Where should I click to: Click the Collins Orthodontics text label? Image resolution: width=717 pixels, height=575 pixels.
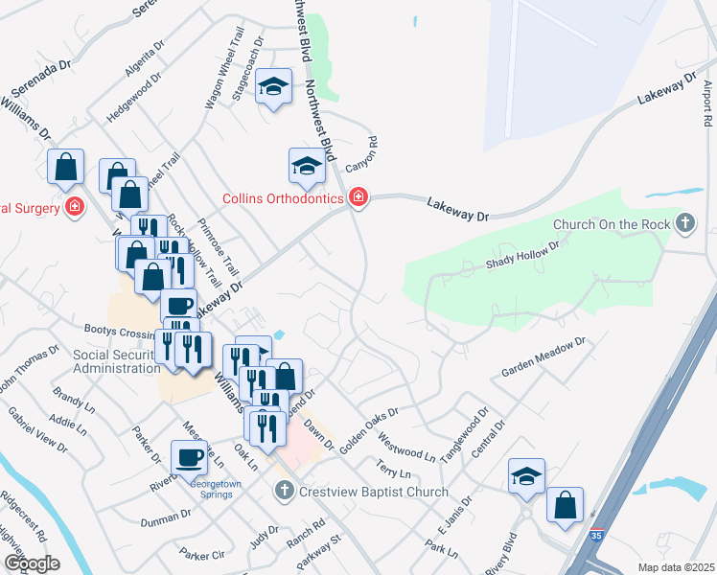(283, 198)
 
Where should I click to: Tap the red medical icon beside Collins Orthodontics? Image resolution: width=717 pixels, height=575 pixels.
(358, 197)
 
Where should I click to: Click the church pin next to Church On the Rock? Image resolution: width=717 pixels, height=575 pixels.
(684, 224)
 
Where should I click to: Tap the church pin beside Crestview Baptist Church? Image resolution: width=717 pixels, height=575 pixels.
(284, 492)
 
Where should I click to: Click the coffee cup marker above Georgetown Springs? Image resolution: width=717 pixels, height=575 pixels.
(189, 456)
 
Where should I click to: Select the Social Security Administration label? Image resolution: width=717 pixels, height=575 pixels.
(116, 361)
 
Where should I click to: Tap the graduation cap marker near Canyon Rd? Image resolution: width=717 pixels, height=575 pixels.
(307, 165)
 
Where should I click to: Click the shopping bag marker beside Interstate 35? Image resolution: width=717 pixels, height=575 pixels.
(565, 503)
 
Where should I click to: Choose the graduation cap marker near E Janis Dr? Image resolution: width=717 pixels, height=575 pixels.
(526, 476)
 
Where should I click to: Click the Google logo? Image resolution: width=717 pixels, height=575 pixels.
(31, 563)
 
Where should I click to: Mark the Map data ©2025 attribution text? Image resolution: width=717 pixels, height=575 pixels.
(676, 567)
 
